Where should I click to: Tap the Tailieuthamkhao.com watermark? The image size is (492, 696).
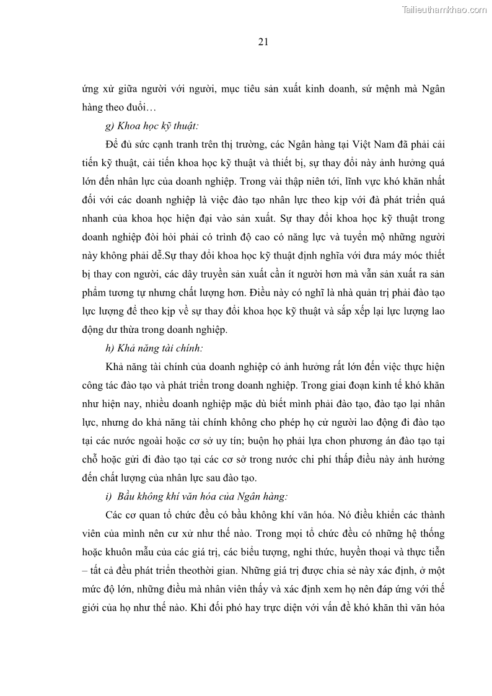[444, 9]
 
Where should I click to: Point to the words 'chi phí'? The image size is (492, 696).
[330, 459]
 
